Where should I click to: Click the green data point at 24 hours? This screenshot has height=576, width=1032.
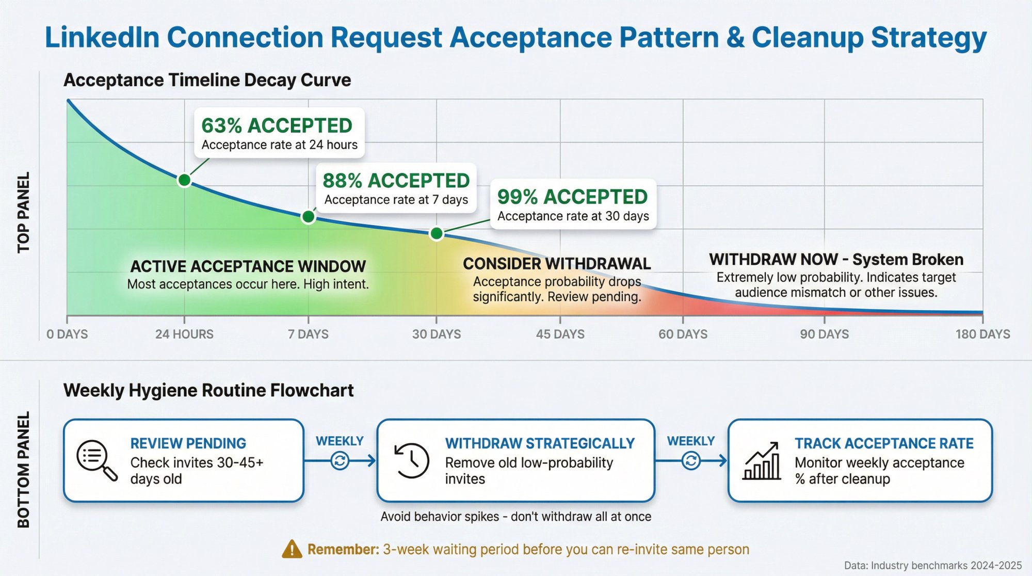184,180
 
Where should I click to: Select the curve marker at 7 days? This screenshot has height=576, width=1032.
308,216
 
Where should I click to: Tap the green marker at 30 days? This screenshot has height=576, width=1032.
437,234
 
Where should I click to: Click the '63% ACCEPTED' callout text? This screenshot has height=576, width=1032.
277,125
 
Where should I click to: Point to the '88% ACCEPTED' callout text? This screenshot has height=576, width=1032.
396,181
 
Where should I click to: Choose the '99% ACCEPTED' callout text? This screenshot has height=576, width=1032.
572,197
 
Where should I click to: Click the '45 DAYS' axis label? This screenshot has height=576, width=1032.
560,334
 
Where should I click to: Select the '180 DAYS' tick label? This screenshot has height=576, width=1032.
982,334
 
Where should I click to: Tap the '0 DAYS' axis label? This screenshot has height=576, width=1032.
67,334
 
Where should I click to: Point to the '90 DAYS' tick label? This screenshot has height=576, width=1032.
824,334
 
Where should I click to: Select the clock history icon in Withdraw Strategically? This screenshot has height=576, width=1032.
412,460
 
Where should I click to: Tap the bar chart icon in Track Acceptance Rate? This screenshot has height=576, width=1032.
762,461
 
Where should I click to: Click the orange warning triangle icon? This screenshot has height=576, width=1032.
292,549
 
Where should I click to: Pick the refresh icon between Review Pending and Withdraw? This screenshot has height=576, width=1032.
340,460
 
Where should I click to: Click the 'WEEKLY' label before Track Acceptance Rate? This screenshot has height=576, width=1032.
690,441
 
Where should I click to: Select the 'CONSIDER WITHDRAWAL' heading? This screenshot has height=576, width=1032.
557,264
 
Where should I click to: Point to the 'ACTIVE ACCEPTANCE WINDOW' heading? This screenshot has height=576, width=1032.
248,266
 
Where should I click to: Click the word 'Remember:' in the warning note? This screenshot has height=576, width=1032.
343,549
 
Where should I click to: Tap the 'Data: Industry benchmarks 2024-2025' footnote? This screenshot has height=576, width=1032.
932,565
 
